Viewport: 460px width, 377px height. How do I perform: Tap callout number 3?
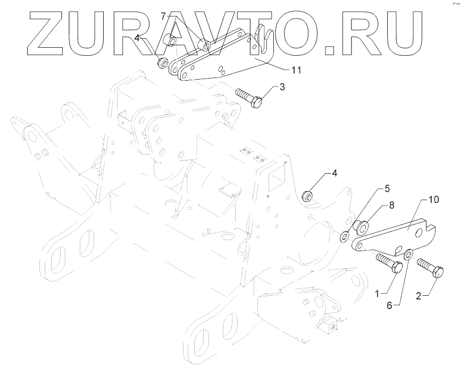tap(282, 87)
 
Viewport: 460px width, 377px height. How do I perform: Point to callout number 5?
tap(388, 188)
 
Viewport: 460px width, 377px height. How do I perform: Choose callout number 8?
tap(392, 204)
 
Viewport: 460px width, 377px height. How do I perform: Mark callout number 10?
tap(433, 200)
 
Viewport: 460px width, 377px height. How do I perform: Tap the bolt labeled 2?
tap(430, 268)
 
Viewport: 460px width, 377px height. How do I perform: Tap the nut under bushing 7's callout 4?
tap(161, 63)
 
